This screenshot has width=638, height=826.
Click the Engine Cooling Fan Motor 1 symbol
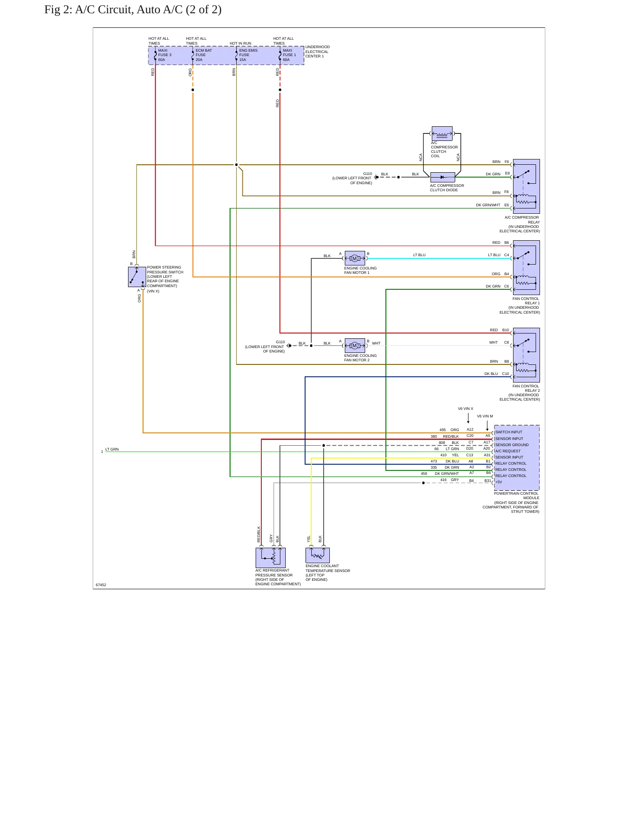tap(355, 258)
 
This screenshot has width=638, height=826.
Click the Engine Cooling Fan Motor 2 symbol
tap(355, 345)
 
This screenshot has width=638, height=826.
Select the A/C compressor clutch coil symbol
tap(442, 133)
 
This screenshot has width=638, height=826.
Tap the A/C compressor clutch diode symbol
tap(442, 177)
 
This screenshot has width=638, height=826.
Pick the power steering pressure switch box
tap(137, 277)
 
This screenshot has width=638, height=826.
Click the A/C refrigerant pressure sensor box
tap(271, 558)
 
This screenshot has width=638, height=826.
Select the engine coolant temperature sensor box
tap(317, 555)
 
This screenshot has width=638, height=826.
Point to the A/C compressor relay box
tap(526, 186)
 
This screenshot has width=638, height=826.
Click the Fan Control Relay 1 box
tap(526, 268)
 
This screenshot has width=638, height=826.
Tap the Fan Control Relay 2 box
tap(526, 355)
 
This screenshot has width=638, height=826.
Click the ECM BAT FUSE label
tap(204, 53)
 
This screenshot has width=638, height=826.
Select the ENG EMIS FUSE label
tap(248, 53)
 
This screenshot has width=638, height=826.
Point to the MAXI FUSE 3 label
tap(165, 53)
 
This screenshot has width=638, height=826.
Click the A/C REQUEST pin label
tap(508, 451)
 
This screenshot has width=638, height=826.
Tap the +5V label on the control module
tap(498, 482)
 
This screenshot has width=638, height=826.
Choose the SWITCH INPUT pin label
tap(509, 432)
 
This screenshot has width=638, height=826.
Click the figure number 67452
tap(101, 585)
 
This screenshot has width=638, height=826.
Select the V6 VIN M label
tap(485, 416)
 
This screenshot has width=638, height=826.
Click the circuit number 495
tap(442, 430)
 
